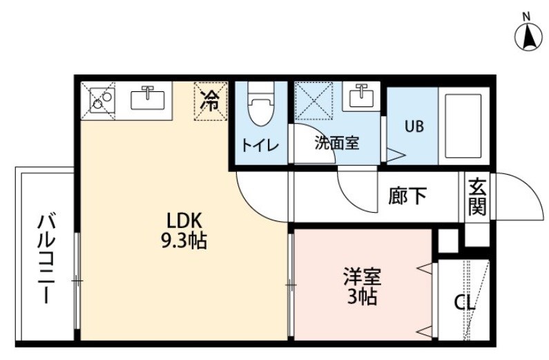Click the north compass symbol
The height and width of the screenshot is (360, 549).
point(528,36)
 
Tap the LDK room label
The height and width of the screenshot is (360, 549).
point(184,221)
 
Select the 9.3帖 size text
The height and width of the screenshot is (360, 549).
point(184,240)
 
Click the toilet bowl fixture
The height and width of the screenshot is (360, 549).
point(260,104)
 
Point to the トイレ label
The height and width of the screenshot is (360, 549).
point(260,145)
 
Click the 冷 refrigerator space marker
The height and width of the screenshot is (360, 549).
point(211,100)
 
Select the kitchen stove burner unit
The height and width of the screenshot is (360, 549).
point(102,100)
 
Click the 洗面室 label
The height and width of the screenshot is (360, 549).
point(337,143)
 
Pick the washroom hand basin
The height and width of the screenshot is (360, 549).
point(361,95)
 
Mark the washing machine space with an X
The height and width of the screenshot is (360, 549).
point(314,100)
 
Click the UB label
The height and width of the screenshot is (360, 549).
point(414,126)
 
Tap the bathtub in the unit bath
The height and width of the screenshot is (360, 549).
point(463,126)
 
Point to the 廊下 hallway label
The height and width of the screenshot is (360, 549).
point(407,196)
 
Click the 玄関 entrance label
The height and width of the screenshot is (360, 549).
point(477,197)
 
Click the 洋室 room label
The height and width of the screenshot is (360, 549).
point(362,276)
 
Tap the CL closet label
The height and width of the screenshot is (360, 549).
point(464,303)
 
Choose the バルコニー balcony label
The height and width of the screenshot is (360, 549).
point(46,258)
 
